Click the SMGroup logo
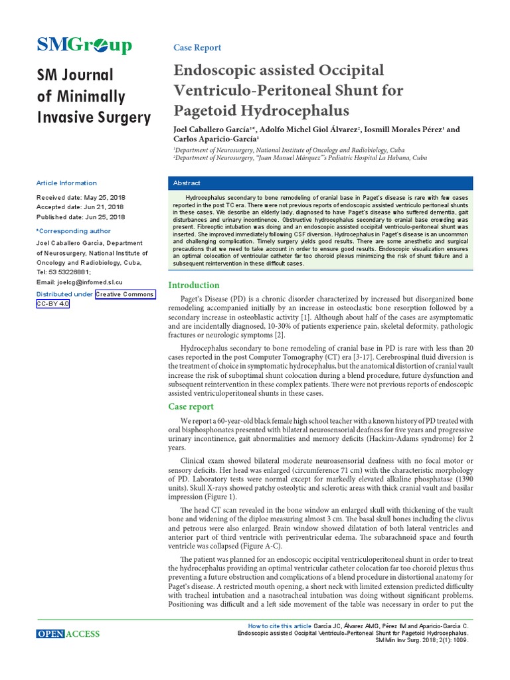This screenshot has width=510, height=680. pos(84,45)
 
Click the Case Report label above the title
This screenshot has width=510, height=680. pos(197,48)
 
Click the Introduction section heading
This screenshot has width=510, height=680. pos(194,285)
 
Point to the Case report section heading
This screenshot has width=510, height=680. pos(191,406)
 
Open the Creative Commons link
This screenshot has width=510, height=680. pos(125,294)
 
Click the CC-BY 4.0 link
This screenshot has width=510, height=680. pos(52,304)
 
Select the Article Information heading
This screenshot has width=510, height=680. pos(66,183)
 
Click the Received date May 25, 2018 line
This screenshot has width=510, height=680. pos(80,198)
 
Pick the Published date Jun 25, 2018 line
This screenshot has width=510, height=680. pos(80,217)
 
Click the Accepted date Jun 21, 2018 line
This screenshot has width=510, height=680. pos(80,207)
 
